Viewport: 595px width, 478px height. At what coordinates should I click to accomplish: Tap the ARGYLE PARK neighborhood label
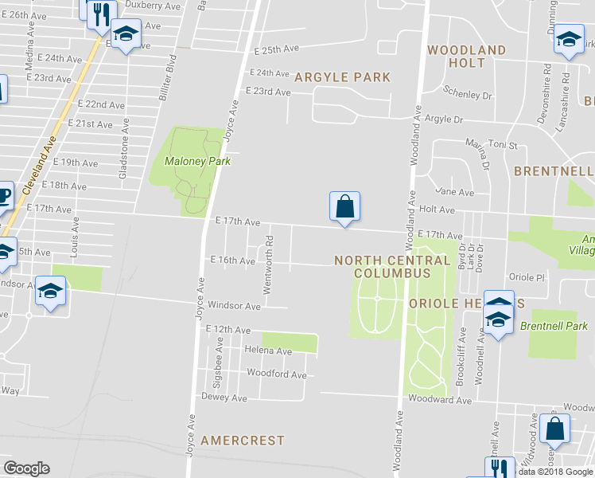(342, 77)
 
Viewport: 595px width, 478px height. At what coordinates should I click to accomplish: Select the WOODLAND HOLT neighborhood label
(466, 56)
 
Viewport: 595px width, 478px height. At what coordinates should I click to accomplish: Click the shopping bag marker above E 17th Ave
(344, 207)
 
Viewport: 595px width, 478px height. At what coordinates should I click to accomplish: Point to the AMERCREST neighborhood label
(243, 440)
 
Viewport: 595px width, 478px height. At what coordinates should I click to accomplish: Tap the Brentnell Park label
(554, 326)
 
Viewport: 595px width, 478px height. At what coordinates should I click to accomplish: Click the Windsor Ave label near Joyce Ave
(234, 305)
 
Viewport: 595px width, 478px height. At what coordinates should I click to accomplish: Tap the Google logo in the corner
(26, 468)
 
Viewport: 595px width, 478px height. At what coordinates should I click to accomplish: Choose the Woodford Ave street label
(276, 374)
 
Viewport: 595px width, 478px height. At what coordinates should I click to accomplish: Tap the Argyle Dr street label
(443, 119)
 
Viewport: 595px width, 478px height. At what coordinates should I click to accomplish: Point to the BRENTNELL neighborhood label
(553, 171)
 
